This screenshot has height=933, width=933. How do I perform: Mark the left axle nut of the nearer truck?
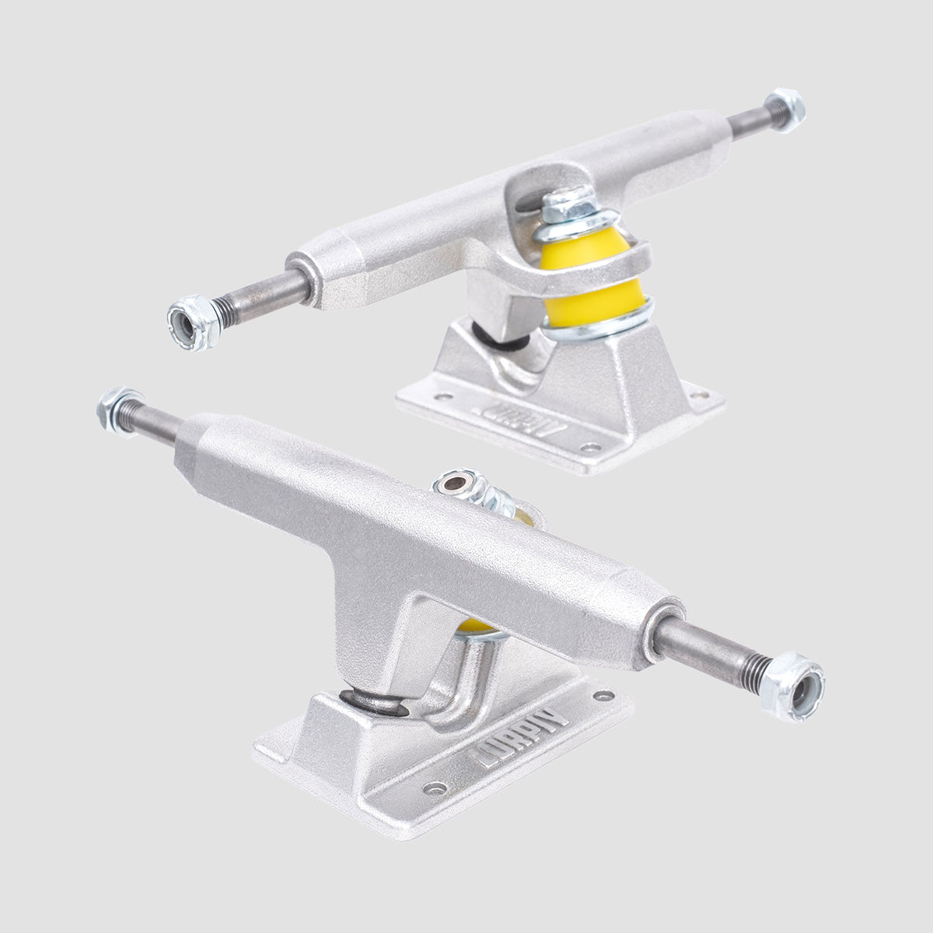(116, 404)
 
